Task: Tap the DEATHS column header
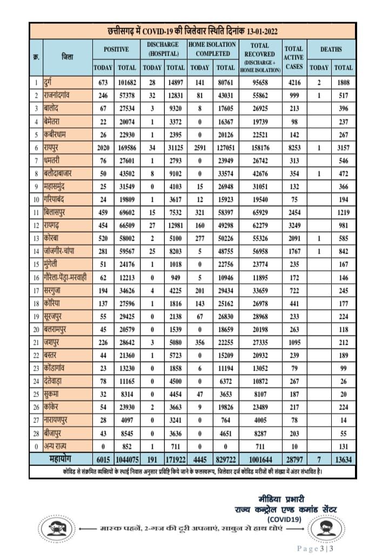tap(331, 49)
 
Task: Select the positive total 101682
tap(127, 82)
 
